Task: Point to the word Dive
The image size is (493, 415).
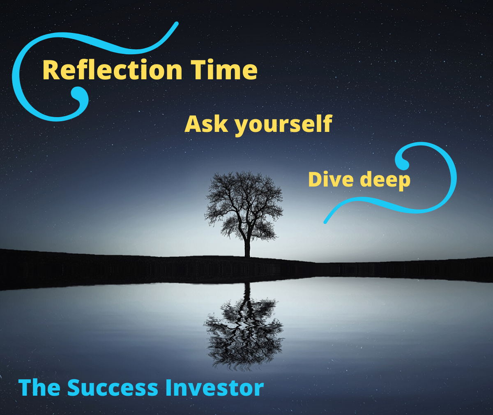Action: coord(331,180)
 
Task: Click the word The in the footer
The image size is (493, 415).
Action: coord(39,387)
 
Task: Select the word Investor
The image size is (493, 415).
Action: coord(214,387)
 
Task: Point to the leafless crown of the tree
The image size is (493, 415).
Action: coord(244,201)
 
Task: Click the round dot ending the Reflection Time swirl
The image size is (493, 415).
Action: coord(76,94)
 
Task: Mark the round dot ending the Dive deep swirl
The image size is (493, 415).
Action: coord(404,164)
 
